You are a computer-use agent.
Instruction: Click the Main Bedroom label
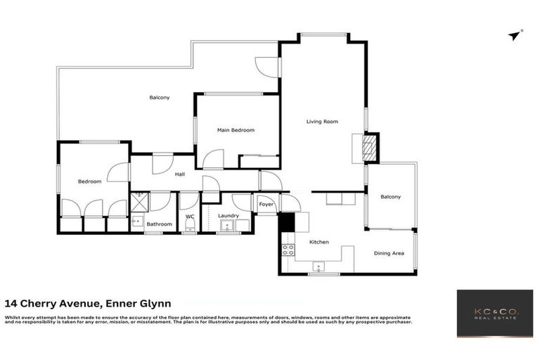[236, 130]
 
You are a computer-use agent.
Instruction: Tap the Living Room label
[322, 122]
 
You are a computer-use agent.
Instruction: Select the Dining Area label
[389, 253]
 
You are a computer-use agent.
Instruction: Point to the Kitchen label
[319, 242]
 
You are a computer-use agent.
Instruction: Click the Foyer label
[266, 205]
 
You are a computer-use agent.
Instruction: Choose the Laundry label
[229, 216]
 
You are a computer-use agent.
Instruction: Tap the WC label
[190, 217]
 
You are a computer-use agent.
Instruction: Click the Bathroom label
[160, 224]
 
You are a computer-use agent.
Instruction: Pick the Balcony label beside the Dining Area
[390, 197]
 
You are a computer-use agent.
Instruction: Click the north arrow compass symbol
[515, 35]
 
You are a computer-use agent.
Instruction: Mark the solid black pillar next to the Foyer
[287, 221]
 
